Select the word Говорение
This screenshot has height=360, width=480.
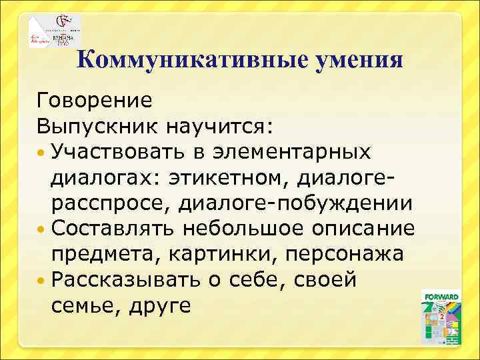[95, 101]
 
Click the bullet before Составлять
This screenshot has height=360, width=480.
[42, 229]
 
